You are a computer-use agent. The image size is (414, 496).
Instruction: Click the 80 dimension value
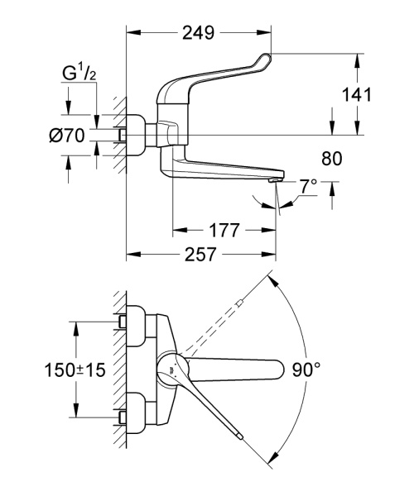[330, 157]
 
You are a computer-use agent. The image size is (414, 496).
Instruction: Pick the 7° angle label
[309, 187]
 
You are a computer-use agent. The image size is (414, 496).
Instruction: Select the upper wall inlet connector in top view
[123, 322]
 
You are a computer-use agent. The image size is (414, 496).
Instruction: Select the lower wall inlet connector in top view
[123, 417]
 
